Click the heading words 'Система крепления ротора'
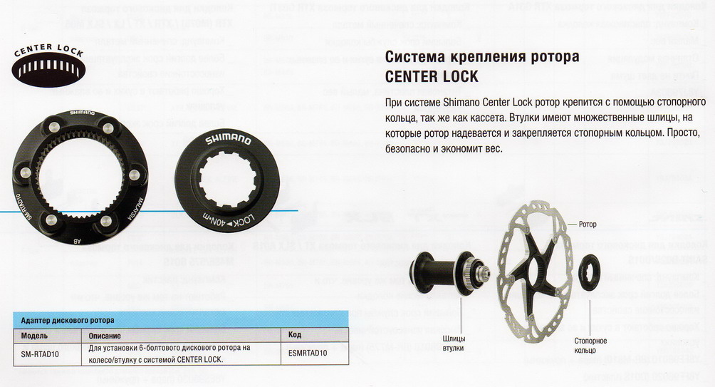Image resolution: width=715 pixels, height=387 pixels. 481,57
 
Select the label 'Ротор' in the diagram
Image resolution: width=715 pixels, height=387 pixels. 588,225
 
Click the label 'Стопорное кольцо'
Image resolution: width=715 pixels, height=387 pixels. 590,346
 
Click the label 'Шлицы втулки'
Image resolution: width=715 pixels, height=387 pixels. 453,344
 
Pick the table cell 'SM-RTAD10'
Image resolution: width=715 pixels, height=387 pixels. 41,351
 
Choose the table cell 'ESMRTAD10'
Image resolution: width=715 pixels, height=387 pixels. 308,351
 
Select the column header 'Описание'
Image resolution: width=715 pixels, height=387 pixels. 105,334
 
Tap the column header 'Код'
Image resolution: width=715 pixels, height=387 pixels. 294,334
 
